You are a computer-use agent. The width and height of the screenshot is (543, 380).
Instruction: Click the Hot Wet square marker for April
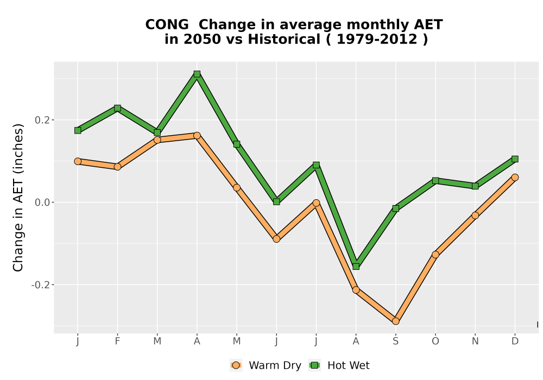coord(197,74)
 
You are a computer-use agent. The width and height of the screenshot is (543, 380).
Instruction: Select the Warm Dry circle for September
coord(395,321)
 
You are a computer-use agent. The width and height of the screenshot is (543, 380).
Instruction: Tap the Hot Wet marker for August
coord(356,266)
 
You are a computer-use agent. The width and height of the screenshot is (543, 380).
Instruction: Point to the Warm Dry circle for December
coord(515,177)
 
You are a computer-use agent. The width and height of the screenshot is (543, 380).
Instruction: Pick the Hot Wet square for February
coord(117,108)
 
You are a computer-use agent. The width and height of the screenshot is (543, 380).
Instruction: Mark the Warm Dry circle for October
coord(435,255)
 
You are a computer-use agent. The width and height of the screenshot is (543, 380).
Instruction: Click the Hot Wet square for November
coord(475,186)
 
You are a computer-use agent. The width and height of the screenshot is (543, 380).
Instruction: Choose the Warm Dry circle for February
coord(117,167)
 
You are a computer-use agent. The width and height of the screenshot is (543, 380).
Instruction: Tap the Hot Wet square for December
coord(515,159)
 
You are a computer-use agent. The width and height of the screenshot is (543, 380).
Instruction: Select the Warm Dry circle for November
coord(475,216)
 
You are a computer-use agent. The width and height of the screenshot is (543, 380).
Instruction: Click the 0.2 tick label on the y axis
coord(42,120)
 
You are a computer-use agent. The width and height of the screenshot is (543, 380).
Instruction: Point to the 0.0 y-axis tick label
coord(42,202)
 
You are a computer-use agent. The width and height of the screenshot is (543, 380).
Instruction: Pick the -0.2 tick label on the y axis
coord(40,285)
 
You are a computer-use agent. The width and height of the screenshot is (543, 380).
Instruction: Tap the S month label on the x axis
coord(395,341)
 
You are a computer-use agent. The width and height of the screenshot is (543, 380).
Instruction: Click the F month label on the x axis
coord(117,341)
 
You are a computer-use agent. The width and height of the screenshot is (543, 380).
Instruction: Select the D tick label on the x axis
coord(515,341)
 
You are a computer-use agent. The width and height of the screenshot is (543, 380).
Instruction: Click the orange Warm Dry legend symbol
coord(236,365)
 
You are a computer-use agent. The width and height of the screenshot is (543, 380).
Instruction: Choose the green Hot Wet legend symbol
coord(314,365)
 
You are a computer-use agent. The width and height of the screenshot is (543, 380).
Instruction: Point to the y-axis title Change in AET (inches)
coord(18,198)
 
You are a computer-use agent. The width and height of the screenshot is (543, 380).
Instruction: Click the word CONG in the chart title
coord(167,24)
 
